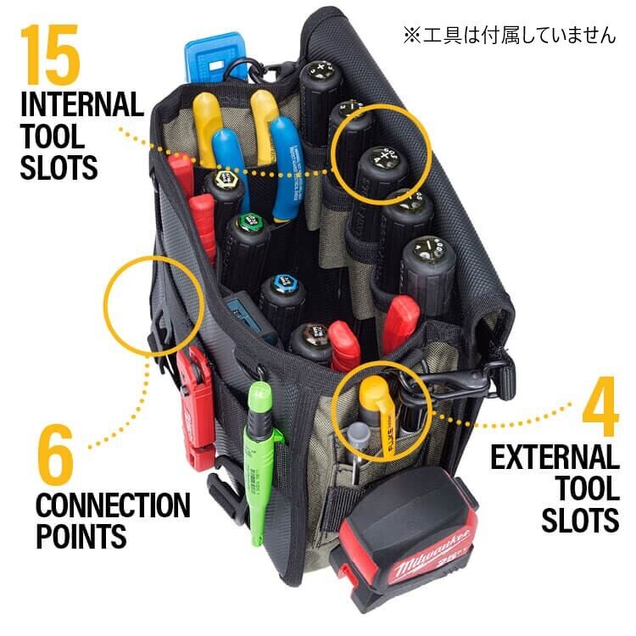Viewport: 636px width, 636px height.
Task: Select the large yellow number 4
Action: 599,413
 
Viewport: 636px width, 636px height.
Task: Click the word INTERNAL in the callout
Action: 81,106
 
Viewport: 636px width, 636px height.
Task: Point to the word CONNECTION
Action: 112,506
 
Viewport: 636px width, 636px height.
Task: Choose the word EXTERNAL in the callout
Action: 555,459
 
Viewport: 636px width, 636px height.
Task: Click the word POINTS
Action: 81,536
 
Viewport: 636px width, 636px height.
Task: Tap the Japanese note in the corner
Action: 508,36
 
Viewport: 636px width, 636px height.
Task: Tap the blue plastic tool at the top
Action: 213,59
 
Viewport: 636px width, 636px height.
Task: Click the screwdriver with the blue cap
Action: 282,288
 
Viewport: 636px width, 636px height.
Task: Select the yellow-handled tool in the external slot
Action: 373,407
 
